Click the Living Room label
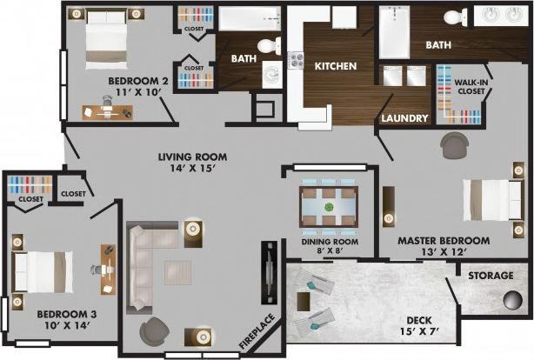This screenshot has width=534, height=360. [192, 157]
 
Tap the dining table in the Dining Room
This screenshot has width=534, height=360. [329, 207]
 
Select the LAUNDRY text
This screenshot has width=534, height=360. [405, 118]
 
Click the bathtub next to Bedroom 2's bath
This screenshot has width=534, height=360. [249, 18]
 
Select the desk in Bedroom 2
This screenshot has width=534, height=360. [108, 111]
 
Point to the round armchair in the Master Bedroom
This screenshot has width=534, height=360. [453, 146]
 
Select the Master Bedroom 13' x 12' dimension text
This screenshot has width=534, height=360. [443, 253]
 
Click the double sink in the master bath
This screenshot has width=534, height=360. [502, 16]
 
